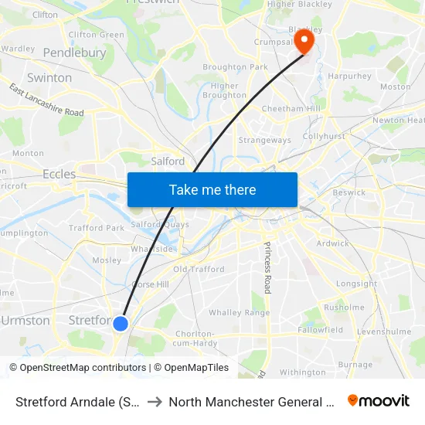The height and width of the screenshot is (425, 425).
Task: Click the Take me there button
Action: click(x=212, y=189)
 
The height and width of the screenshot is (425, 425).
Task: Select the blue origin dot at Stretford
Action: click(x=121, y=323)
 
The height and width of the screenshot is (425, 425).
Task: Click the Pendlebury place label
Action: click(x=75, y=53)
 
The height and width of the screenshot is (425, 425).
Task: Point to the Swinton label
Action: click(x=49, y=78)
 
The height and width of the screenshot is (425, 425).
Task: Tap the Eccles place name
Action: click(x=59, y=174)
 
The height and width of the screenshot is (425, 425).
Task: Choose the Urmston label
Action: click(x=26, y=320)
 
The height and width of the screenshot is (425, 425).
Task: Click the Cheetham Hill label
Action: click(x=294, y=109)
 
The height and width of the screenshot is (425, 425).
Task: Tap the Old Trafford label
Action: click(x=199, y=270)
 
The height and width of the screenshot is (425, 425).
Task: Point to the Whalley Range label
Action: click(x=237, y=313)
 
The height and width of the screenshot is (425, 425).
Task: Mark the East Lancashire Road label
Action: click(x=47, y=100)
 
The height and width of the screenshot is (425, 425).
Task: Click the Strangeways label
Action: click(x=265, y=140)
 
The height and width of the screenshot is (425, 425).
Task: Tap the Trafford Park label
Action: click(x=97, y=228)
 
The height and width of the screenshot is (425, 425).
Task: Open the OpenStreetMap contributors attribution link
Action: click(x=77, y=368)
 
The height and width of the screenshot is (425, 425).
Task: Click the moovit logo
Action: click(x=379, y=401)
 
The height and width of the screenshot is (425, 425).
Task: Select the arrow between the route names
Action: click(x=155, y=402)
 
